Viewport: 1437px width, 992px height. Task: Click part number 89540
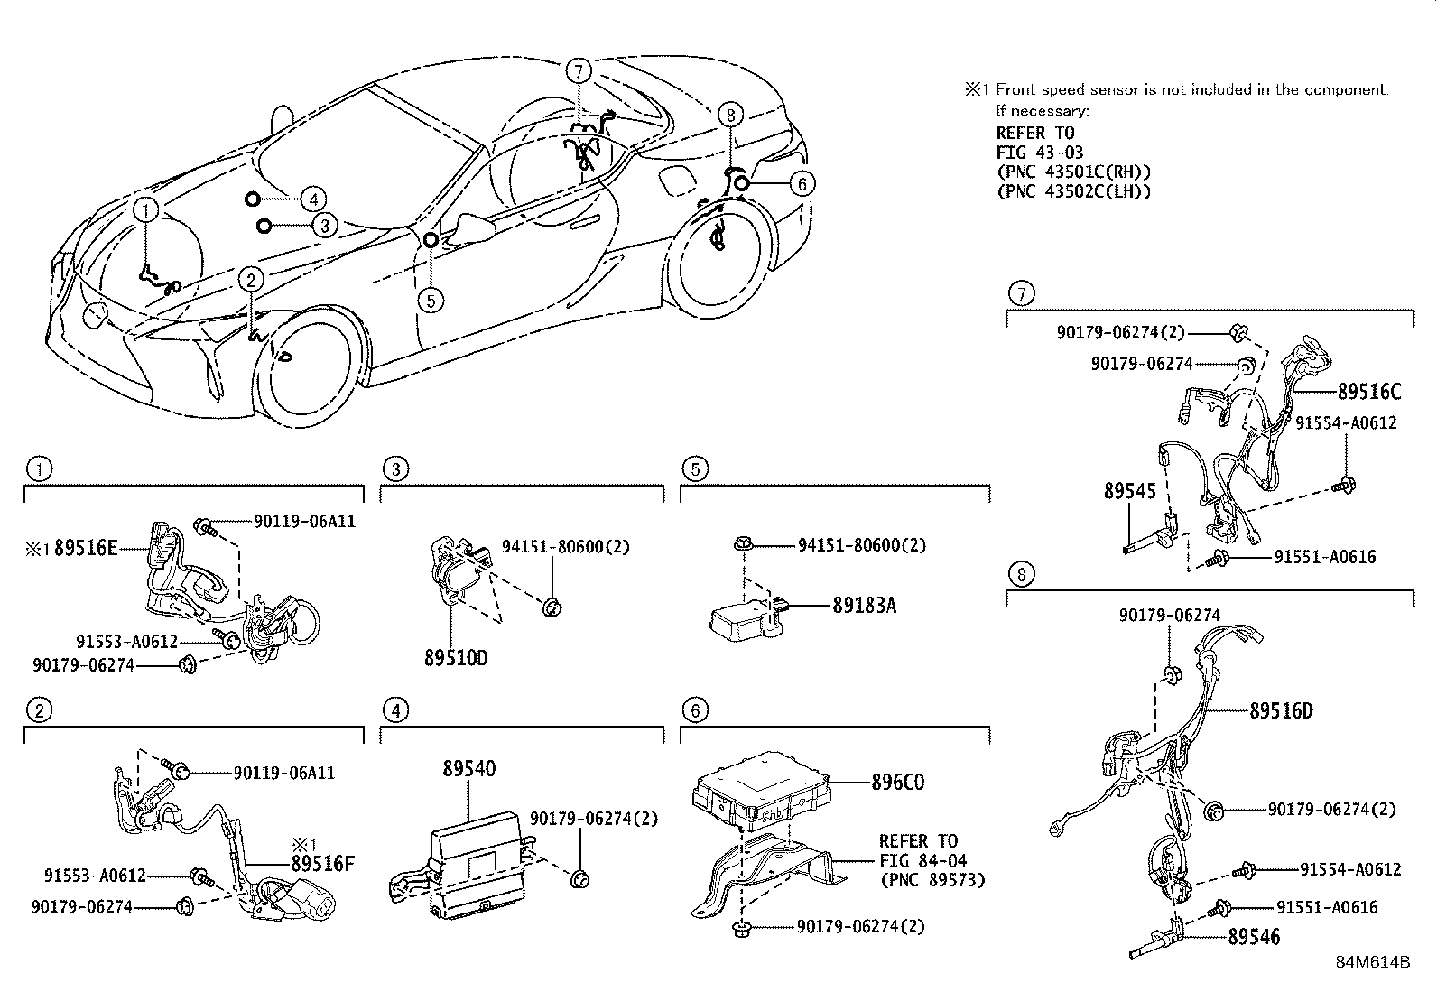coord(468,769)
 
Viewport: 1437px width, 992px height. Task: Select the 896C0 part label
coord(897,782)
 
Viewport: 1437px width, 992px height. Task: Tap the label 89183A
coord(864,606)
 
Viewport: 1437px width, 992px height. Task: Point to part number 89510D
coord(455,658)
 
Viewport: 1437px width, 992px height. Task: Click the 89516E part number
coord(86,547)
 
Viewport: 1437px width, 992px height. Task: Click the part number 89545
coord(1129,491)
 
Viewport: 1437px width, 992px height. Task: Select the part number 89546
coord(1254,937)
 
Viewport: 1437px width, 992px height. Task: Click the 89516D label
coord(1281,710)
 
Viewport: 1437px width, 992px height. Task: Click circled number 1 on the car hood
coord(147,210)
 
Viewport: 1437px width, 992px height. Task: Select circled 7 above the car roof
coord(579,70)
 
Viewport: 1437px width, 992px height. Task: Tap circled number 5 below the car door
coord(431,299)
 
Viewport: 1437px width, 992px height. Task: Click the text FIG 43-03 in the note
coord(1039,153)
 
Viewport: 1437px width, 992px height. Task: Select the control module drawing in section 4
coord(478,852)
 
